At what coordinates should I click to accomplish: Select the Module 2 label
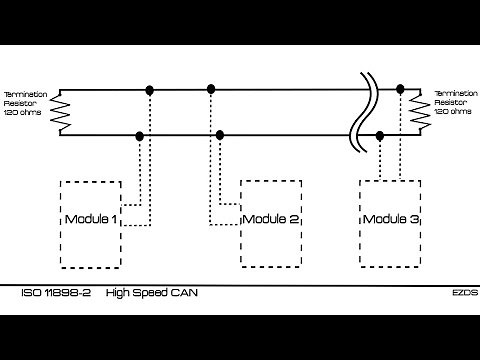coord(271,219)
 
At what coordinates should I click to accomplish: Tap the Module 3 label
coord(390,219)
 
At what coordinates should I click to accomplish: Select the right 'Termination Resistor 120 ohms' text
coord(455,101)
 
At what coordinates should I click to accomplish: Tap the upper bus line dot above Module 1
coord(150,90)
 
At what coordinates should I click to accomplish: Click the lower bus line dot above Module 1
coord(139,135)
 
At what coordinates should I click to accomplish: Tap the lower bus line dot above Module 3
coord(380,135)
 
